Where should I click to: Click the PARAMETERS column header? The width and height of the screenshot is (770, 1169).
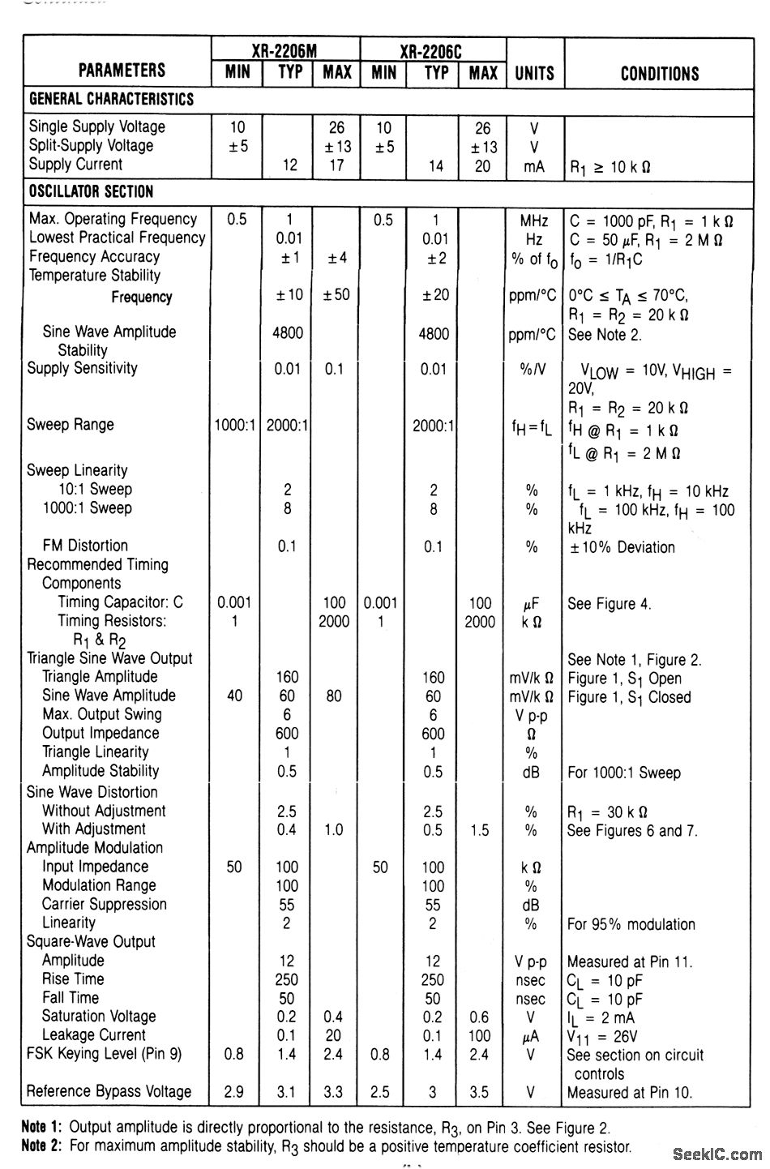tap(122, 71)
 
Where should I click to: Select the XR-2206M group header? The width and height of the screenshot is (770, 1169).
tap(285, 50)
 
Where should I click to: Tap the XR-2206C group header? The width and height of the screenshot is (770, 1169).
tap(432, 50)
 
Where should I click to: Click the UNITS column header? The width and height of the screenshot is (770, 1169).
tap(534, 74)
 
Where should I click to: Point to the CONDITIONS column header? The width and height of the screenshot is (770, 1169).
tap(659, 74)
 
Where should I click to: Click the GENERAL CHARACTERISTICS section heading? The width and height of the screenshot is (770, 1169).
tap(111, 100)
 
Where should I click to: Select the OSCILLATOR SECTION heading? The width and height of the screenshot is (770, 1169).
tap(91, 192)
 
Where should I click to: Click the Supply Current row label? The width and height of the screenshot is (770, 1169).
tap(75, 165)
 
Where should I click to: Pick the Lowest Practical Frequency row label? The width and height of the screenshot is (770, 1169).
tap(117, 238)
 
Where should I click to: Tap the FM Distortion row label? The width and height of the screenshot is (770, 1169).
tap(85, 546)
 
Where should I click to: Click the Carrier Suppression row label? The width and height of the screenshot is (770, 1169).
tap(104, 904)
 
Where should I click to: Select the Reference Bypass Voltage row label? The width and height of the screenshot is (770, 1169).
tap(109, 1091)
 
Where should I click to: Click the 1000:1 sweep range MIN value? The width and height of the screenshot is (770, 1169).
tap(235, 426)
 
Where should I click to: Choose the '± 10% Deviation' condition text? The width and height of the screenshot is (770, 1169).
tap(622, 547)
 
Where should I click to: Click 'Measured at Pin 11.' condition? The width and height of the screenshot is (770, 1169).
tap(630, 962)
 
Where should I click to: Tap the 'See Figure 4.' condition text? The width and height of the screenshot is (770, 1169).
tap(609, 604)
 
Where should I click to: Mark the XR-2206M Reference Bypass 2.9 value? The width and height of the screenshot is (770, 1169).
tap(234, 1092)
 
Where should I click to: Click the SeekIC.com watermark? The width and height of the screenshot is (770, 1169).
tap(716, 1153)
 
